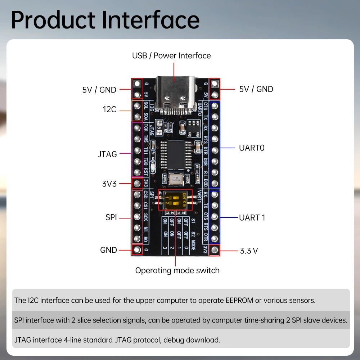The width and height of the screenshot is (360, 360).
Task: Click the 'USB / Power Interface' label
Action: coord(171,55)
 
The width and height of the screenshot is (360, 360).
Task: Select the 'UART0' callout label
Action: coord(252,148)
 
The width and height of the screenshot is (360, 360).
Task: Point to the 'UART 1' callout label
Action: coord(252,217)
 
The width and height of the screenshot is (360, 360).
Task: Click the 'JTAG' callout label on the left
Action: coord(107,154)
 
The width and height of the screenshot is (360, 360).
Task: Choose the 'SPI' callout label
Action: coord(111,217)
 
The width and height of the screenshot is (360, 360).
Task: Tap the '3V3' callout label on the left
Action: coord(109,184)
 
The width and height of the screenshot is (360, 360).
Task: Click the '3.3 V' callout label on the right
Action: coord(249,251)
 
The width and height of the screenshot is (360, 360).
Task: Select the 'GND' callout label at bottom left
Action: coord(108,250)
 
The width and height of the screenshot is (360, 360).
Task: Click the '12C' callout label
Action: coord(109,109)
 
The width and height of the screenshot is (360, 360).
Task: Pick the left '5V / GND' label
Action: coord(99,90)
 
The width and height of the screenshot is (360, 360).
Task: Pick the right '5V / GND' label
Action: coord(256,89)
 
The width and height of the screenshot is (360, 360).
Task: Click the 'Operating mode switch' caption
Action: coord(177,270)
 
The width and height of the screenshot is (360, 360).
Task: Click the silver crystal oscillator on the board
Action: coord(175,179)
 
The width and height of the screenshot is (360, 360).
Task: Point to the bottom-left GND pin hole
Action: coord(137,249)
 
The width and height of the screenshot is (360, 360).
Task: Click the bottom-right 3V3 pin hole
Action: coord(215,249)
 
